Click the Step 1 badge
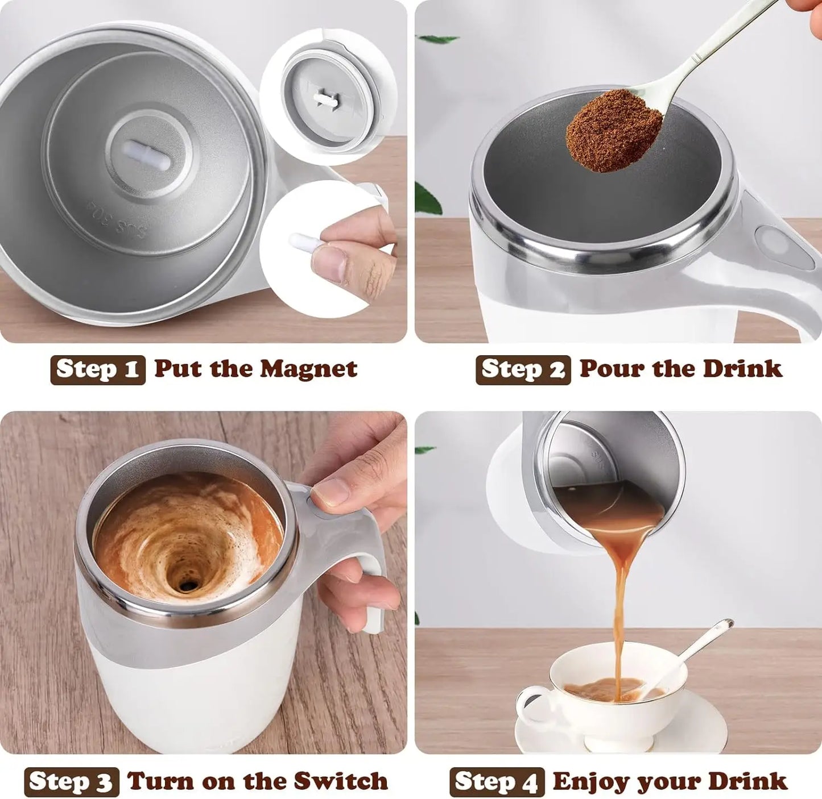click(98, 369)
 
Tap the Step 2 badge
click(523, 369)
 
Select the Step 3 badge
click(72, 782)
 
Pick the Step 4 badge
click(497, 782)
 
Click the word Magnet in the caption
click(308, 369)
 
